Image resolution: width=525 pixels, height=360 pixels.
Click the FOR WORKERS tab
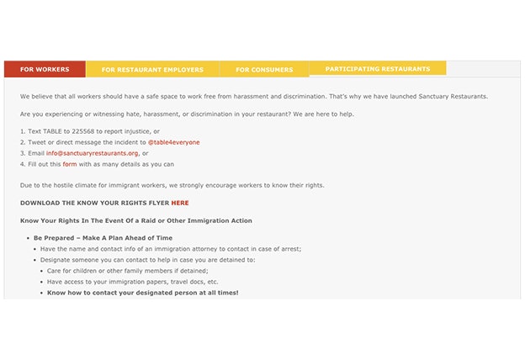pos(45,69)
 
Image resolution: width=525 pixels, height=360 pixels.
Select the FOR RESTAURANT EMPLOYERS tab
pos(152,70)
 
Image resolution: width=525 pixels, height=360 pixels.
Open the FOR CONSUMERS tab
pos(264,70)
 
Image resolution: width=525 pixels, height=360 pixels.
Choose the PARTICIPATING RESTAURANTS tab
pos(378,68)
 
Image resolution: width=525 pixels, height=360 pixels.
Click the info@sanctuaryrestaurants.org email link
pos(93,153)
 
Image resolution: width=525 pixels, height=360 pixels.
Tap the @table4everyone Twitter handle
pos(174,142)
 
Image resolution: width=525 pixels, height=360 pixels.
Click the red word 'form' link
pos(70,164)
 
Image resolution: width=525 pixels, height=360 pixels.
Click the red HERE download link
pos(180,203)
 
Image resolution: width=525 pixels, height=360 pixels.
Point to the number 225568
pos(83,131)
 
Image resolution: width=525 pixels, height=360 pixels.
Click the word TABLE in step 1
pos(52,131)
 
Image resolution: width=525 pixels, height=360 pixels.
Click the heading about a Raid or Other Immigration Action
pos(136,220)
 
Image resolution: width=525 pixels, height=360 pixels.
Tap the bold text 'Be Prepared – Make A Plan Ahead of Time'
pos(103,238)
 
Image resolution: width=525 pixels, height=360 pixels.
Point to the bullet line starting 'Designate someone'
pos(147,260)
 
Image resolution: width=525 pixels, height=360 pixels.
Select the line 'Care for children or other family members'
pos(126,271)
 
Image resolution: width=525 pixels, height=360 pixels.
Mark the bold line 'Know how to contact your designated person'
pos(142,293)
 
